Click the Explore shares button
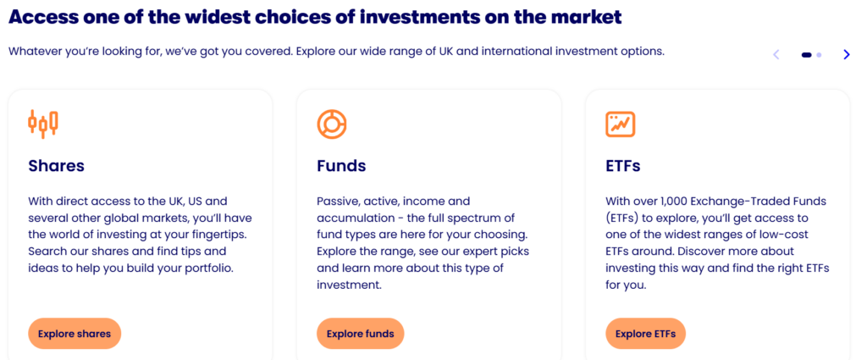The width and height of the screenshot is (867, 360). [75, 334]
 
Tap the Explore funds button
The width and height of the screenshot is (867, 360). [360, 334]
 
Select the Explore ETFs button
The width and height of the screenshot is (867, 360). [645, 334]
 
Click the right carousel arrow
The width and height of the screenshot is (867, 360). [846, 55]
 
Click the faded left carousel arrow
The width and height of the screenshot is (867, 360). [776, 55]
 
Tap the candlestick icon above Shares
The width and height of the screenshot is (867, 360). [43, 124]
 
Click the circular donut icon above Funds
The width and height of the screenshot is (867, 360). [331, 124]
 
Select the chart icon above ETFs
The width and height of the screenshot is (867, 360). [620, 124]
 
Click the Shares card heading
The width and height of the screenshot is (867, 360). [56, 165]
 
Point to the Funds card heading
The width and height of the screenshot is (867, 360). [341, 165]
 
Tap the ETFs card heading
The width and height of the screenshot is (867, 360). [623, 165]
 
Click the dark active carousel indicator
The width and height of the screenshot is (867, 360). [806, 55]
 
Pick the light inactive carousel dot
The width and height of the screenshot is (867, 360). [819, 55]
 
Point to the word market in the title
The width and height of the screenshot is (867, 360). [583, 16]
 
